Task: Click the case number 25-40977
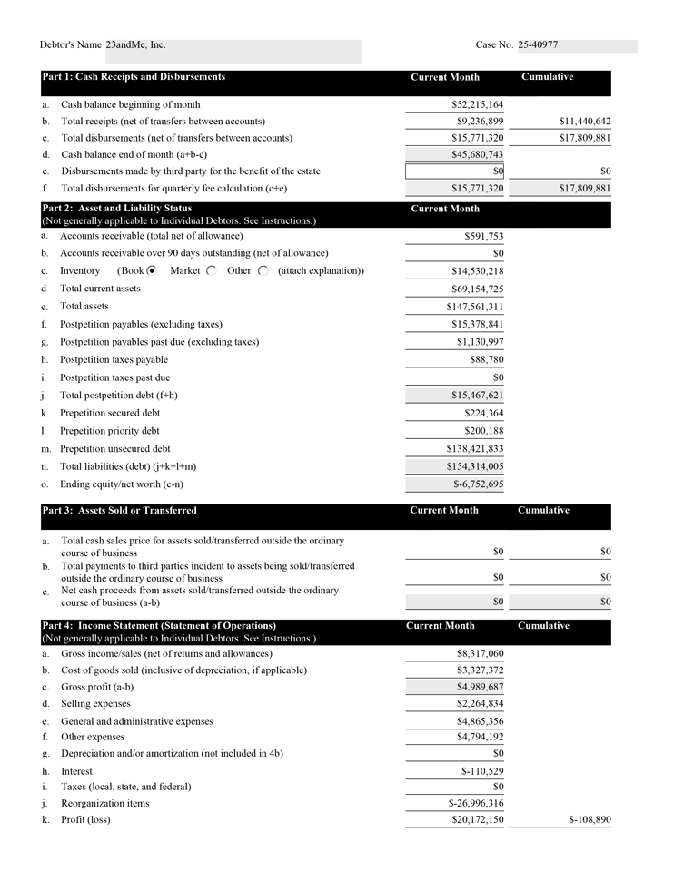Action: (538, 44)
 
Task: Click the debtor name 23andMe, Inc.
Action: (135, 44)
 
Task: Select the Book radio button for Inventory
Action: (152, 270)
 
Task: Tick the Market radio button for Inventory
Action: (212, 270)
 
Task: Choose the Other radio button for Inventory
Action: (263, 270)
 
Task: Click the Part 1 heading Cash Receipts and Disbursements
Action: (134, 77)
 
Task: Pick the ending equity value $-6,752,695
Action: (478, 484)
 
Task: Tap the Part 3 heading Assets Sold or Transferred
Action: (119, 511)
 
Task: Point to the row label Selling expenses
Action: (95, 703)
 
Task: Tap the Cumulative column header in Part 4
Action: (543, 626)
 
